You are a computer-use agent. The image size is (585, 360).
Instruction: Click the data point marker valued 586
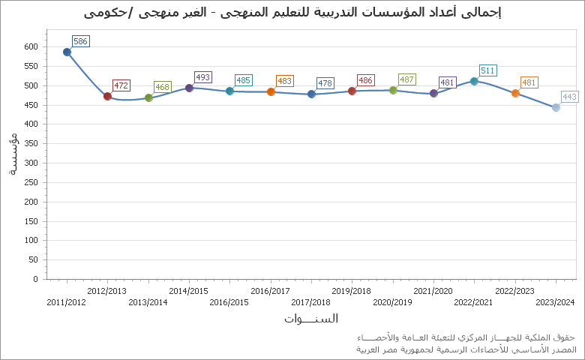pyautogui.click(x=67, y=52)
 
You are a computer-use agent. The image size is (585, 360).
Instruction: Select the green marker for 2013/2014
pyautogui.click(x=148, y=97)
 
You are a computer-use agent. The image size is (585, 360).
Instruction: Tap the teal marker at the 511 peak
pyautogui.click(x=474, y=81)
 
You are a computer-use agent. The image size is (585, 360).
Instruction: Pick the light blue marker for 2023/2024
pyautogui.click(x=556, y=107)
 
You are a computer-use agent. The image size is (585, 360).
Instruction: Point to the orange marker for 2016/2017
pyautogui.click(x=271, y=91)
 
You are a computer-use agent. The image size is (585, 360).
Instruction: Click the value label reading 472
pyautogui.click(x=121, y=85)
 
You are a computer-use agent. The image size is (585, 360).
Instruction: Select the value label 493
pyautogui.click(x=202, y=77)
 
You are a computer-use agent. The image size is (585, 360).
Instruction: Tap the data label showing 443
pyautogui.click(x=569, y=97)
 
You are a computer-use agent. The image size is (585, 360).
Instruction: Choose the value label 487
pyautogui.click(x=406, y=79)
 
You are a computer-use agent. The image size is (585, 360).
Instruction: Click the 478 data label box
pyautogui.click(x=325, y=83)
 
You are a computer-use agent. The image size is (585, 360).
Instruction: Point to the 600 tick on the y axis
pyautogui.click(x=30, y=46)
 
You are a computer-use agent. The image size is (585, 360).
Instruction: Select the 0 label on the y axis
pyautogui.click(x=34, y=279)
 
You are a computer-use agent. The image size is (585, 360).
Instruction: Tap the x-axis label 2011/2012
pyautogui.click(x=66, y=302)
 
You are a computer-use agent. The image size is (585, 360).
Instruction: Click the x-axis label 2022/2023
pyautogui.click(x=514, y=291)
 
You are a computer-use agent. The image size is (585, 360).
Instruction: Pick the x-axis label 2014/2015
pyautogui.click(x=188, y=291)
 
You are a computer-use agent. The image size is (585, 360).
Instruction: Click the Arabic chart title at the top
pyautogui.click(x=292, y=13)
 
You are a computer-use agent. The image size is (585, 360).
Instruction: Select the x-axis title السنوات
pyautogui.click(x=310, y=319)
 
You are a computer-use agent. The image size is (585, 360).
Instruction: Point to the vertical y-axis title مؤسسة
pyautogui.click(x=13, y=154)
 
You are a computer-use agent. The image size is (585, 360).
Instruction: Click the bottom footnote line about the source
pyautogui.click(x=465, y=349)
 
